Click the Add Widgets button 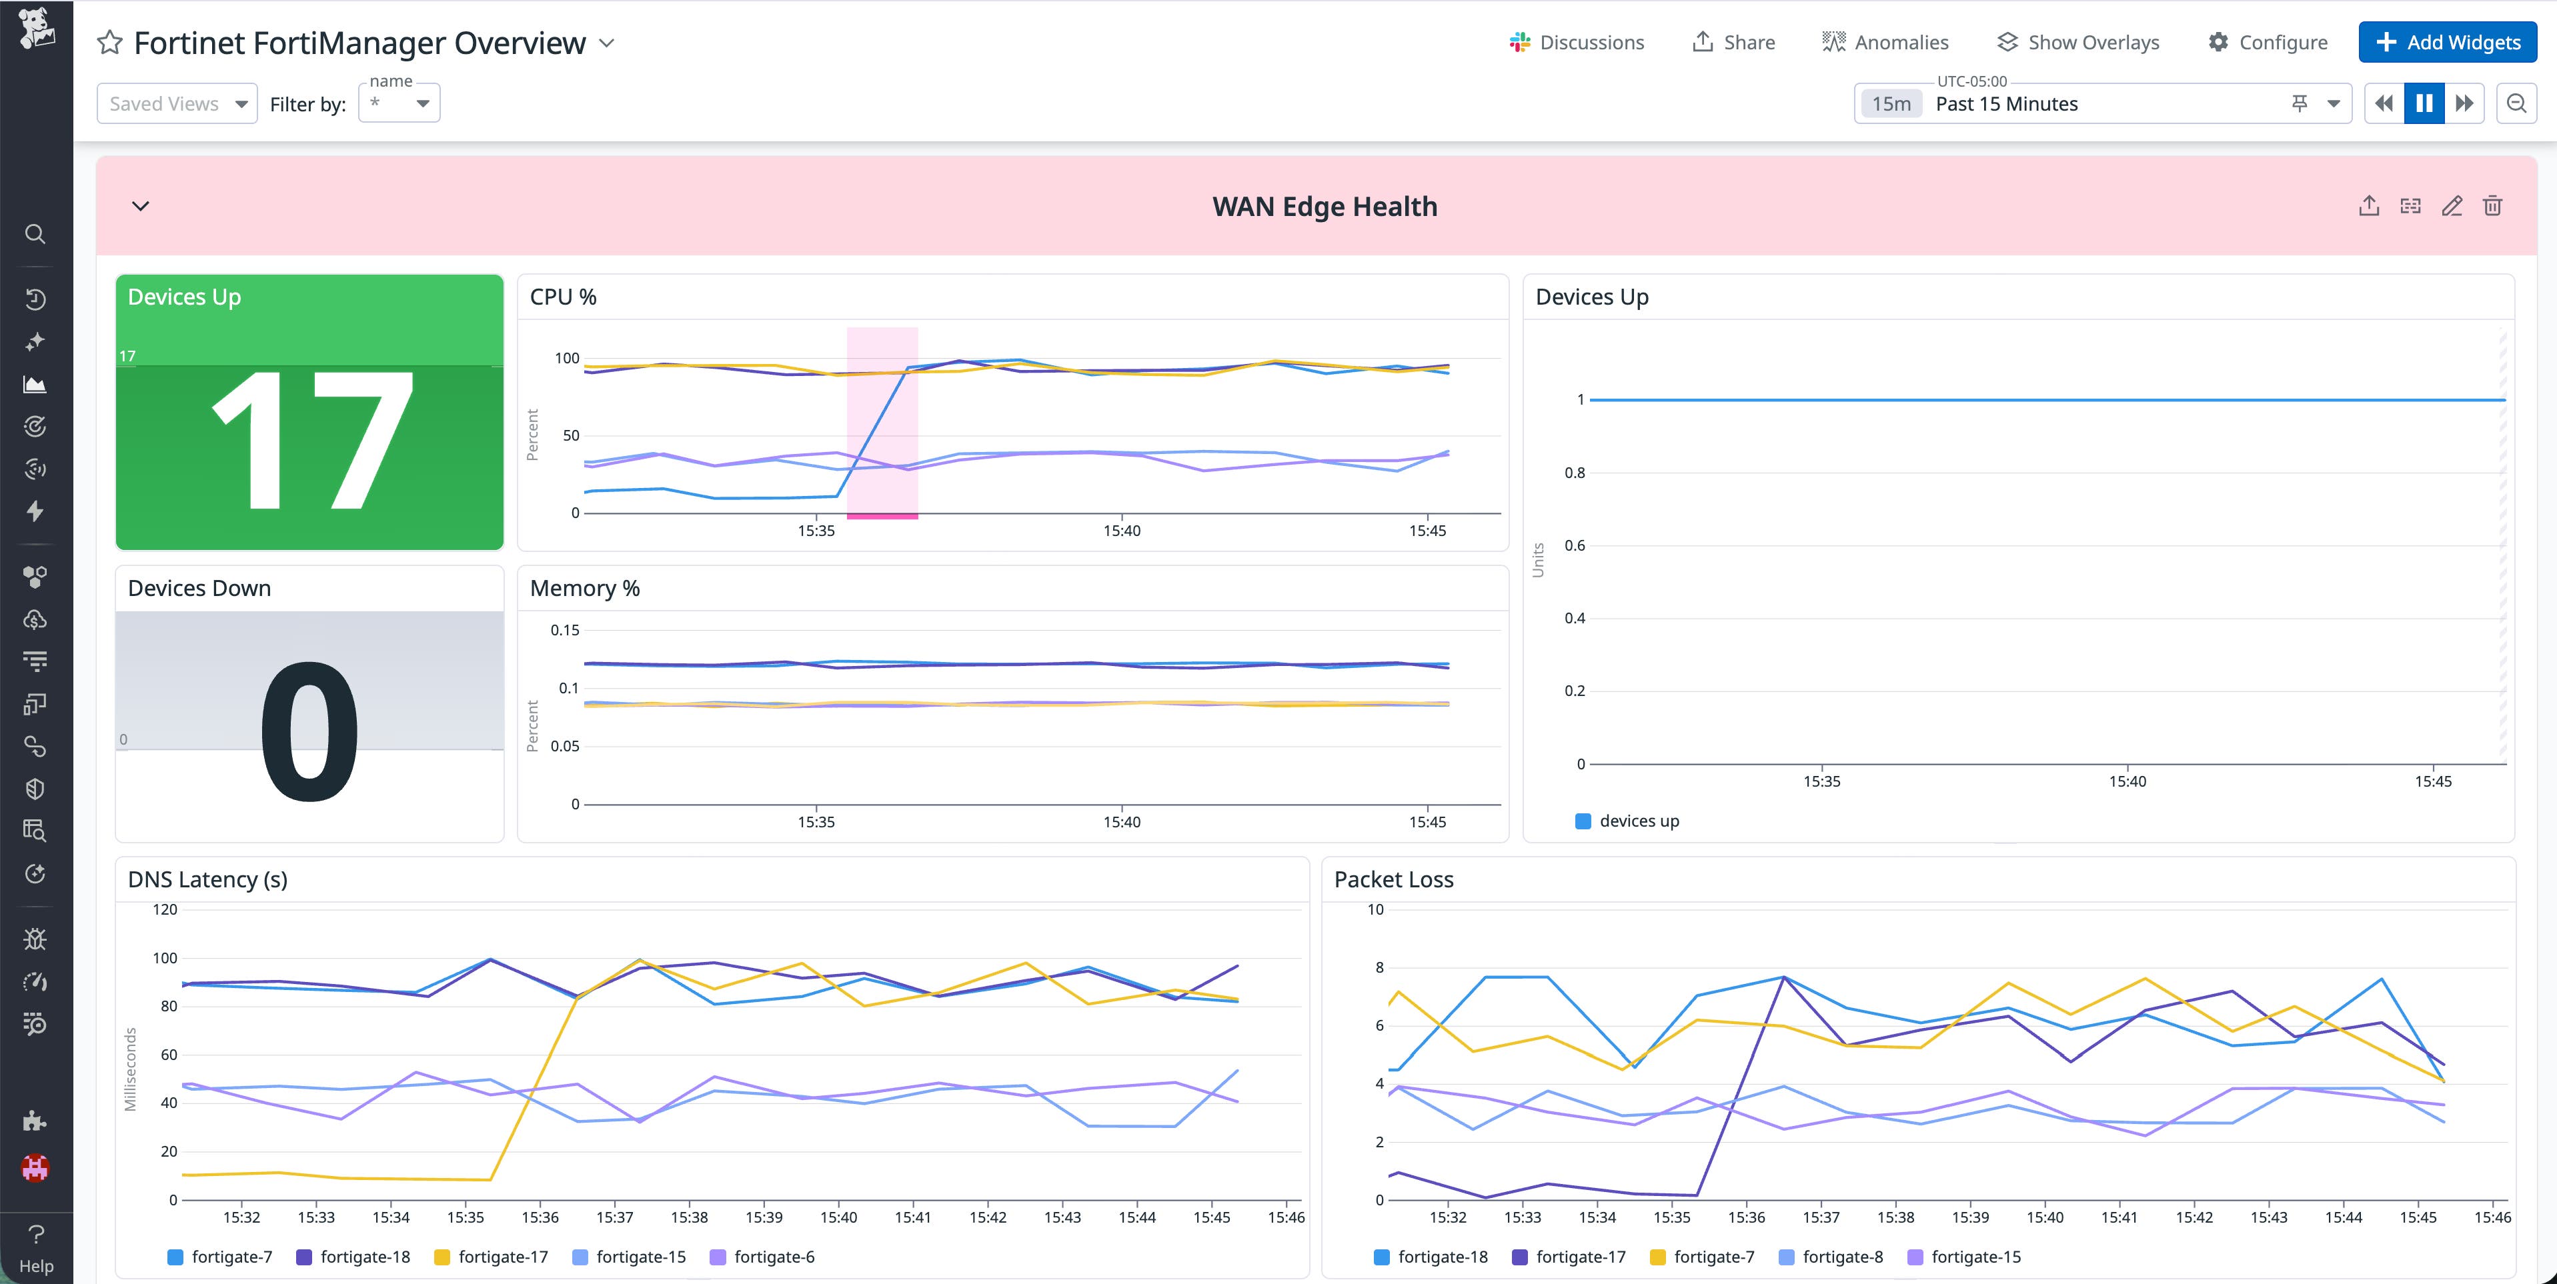click(2447, 43)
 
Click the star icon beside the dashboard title click(109, 43)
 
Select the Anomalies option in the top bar click(1885, 43)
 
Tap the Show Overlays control click(2077, 43)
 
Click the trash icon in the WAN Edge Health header click(2492, 207)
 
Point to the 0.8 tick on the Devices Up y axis click(1575, 472)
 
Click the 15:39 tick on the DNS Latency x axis click(764, 1217)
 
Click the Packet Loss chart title click(1393, 879)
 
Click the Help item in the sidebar click(36, 1249)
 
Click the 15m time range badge click(1890, 103)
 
